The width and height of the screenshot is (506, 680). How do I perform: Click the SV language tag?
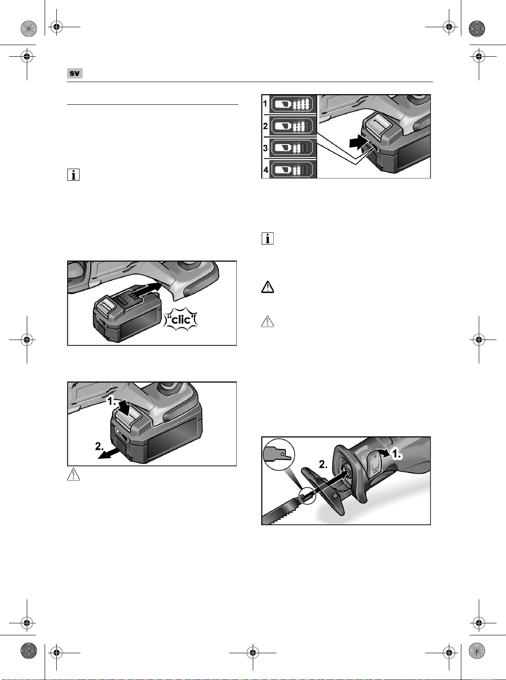75,74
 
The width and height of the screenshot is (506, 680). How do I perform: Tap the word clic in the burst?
181,321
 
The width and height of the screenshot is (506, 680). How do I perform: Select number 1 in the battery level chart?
265,104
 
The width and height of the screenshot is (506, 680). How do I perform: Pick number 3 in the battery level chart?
265,148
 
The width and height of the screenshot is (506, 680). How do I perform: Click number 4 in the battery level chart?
265,170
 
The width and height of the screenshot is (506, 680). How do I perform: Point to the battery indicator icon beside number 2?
293,126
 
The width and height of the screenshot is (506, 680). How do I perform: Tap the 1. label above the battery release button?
112,401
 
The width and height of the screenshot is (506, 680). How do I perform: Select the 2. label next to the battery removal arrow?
100,446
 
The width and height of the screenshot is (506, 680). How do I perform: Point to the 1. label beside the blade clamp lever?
397,454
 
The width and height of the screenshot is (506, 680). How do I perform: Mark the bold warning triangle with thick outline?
268,287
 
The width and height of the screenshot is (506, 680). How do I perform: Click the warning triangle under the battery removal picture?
73,474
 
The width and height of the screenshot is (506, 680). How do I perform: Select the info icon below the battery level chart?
268,238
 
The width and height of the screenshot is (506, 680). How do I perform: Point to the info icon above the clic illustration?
73,174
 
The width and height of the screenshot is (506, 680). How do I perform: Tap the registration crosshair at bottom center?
252,653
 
